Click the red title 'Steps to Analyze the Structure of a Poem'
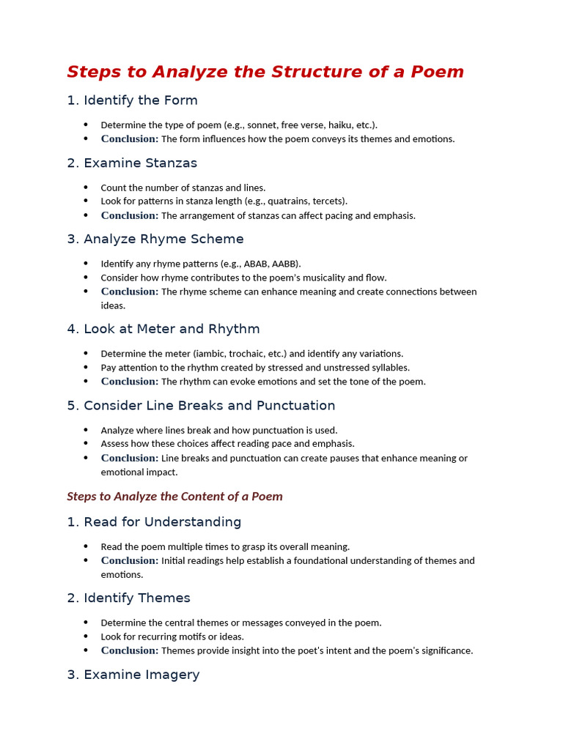(x=265, y=72)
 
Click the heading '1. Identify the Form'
(x=132, y=100)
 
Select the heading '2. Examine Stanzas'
(x=132, y=163)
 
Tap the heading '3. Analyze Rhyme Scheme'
(x=155, y=239)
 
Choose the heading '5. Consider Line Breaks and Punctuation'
(x=201, y=406)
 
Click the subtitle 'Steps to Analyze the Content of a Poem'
(x=174, y=497)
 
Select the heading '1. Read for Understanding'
(x=154, y=522)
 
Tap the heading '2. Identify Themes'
(x=128, y=598)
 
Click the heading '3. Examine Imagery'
(x=133, y=675)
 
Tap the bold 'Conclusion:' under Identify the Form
(x=130, y=139)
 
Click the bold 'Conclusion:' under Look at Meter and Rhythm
(x=130, y=382)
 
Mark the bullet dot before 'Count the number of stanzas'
(x=86, y=187)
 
